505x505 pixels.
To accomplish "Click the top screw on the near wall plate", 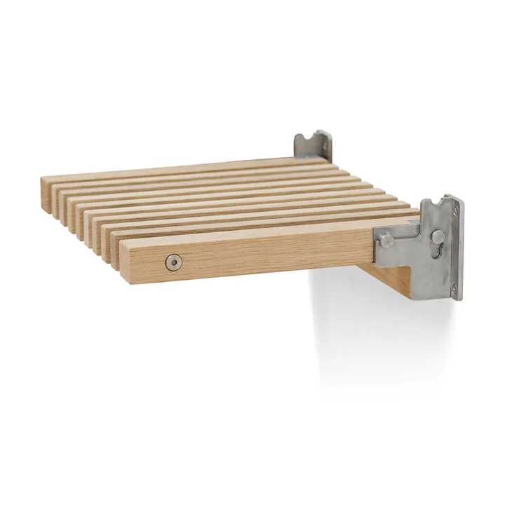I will click(454, 208).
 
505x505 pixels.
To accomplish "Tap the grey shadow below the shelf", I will click(351, 337).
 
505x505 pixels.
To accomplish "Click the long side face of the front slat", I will click(267, 254).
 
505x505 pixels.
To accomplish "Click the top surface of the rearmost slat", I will click(175, 170).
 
